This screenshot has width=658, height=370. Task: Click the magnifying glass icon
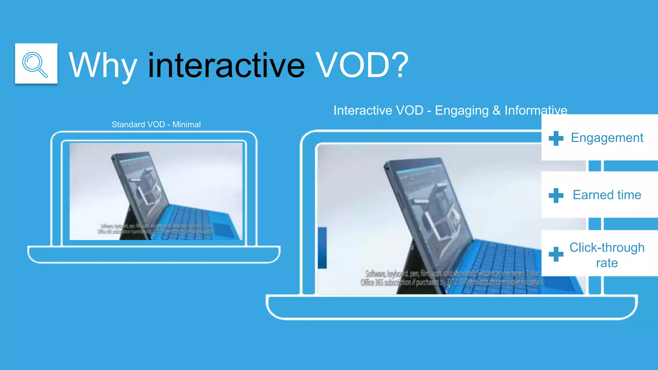tap(36, 64)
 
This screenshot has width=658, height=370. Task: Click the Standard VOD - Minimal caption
tap(156, 124)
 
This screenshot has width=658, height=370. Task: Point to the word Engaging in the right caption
tap(462, 110)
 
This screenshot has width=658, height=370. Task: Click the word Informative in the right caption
tap(536, 110)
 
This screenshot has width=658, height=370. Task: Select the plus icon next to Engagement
tap(556, 138)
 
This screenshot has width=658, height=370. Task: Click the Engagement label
tap(607, 138)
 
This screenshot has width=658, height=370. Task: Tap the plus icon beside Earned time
tap(556, 196)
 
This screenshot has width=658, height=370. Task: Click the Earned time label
tap(607, 195)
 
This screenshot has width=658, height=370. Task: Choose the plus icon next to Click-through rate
tap(556, 254)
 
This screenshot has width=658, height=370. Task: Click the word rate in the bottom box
tap(607, 263)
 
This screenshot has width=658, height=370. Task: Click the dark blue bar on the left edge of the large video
tap(322, 248)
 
